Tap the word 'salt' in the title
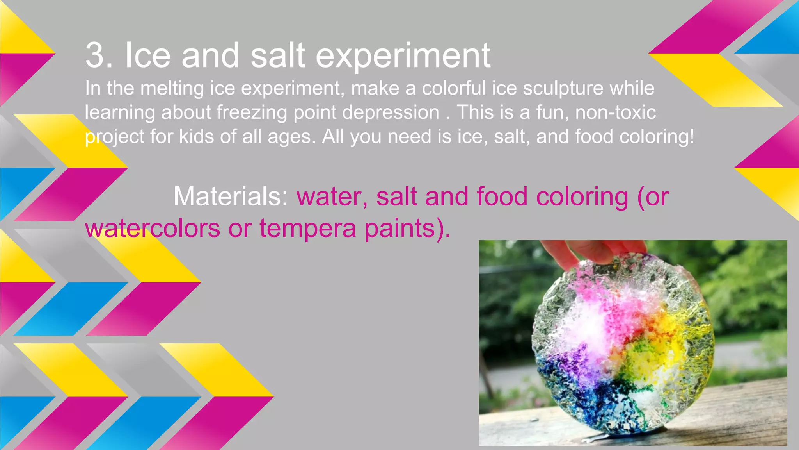coord(277,55)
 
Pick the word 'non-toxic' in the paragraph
coord(615,112)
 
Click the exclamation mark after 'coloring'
coord(692,137)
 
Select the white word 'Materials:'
coord(231,196)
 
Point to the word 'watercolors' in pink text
coord(152,229)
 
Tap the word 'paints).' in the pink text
coord(407,229)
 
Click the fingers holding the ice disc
coord(593,252)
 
